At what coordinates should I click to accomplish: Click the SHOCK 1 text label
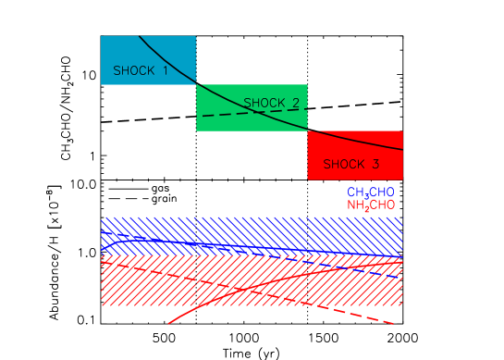tap(141, 70)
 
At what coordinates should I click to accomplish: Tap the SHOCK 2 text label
tap(271, 102)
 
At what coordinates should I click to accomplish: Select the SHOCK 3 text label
tap(350, 164)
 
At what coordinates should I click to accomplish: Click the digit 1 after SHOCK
tap(166, 70)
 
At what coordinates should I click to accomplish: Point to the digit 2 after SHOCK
tap(295, 102)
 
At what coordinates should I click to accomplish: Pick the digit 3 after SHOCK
tap(375, 164)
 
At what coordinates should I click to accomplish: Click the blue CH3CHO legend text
tap(370, 192)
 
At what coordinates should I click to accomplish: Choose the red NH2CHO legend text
tap(370, 205)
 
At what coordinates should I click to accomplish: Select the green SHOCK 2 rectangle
tap(222, 120)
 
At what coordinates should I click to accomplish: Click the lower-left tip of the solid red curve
tap(169, 324)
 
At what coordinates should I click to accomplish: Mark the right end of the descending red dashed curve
tap(395, 323)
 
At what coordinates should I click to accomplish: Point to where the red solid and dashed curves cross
tap(237, 289)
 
